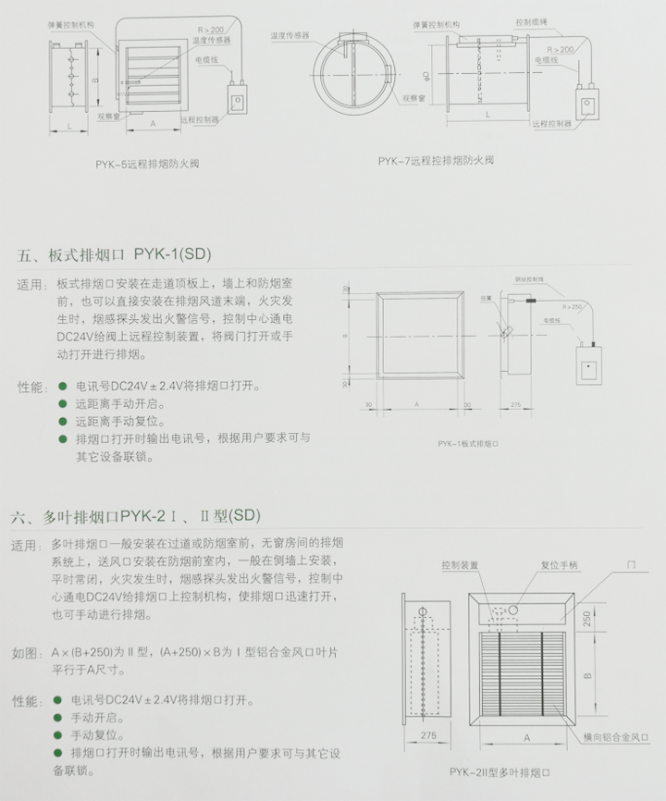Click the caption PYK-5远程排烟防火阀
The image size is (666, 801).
[147, 164]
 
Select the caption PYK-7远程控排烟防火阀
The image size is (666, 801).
[436, 160]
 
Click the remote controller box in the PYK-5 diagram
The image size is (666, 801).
[238, 100]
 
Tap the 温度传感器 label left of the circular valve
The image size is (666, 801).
[289, 36]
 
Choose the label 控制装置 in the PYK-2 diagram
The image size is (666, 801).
[460, 564]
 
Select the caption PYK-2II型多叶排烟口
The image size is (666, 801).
[499, 771]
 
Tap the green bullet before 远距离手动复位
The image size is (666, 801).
[63, 421]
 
